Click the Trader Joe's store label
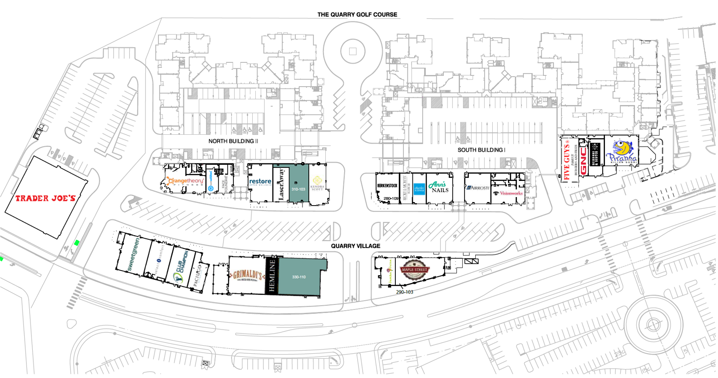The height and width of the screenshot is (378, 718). pos(45,198)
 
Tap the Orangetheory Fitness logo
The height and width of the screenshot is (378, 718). pos(185,181)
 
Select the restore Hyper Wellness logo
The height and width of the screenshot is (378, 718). pos(260,182)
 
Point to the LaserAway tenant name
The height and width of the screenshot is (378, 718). pos(281,184)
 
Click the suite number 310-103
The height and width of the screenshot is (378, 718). pos(298,189)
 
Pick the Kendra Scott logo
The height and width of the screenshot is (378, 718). pos(317,184)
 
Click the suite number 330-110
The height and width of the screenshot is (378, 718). pos(299,277)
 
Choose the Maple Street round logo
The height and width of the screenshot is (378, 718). pos(415,270)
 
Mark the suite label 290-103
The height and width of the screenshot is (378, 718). pos(404,292)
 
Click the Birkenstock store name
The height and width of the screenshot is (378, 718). pos(387,185)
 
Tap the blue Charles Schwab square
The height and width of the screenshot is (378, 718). pos(419,189)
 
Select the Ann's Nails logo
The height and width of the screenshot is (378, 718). pos(439,187)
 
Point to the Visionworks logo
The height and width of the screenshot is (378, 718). pos(508,193)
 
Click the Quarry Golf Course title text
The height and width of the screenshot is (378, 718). pos(357,14)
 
